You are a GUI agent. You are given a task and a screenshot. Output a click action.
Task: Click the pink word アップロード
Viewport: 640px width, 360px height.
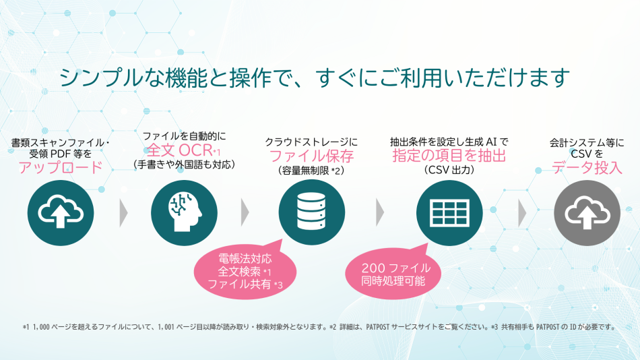click(61, 167)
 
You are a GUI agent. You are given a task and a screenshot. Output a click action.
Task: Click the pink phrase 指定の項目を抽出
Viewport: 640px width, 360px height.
click(449, 156)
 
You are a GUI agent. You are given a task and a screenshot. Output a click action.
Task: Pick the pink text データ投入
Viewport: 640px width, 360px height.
click(587, 168)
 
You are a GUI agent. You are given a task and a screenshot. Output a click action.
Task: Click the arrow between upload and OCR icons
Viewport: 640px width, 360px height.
click(123, 213)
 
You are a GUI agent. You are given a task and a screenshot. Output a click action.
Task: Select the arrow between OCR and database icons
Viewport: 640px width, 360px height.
click(245, 213)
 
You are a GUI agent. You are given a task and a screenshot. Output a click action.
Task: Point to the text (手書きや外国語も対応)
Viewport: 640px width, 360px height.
click(184, 164)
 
